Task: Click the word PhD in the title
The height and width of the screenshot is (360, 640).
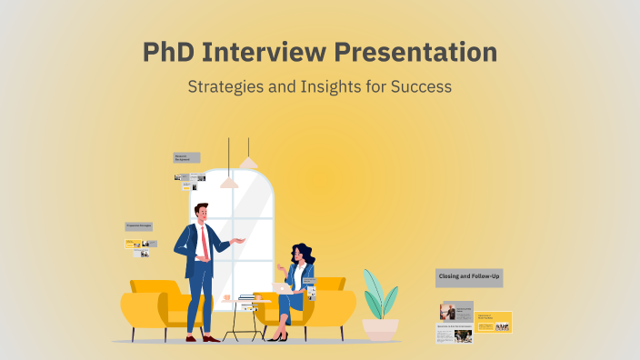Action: click(167, 52)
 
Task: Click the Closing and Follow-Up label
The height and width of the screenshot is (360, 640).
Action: click(469, 276)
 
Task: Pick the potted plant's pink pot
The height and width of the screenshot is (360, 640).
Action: click(380, 327)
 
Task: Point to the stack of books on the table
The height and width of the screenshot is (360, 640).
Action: click(247, 298)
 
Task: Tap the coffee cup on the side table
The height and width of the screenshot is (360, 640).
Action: click(226, 296)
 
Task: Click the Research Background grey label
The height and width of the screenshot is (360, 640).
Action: click(186, 157)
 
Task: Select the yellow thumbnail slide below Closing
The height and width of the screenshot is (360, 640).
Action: click(494, 321)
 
